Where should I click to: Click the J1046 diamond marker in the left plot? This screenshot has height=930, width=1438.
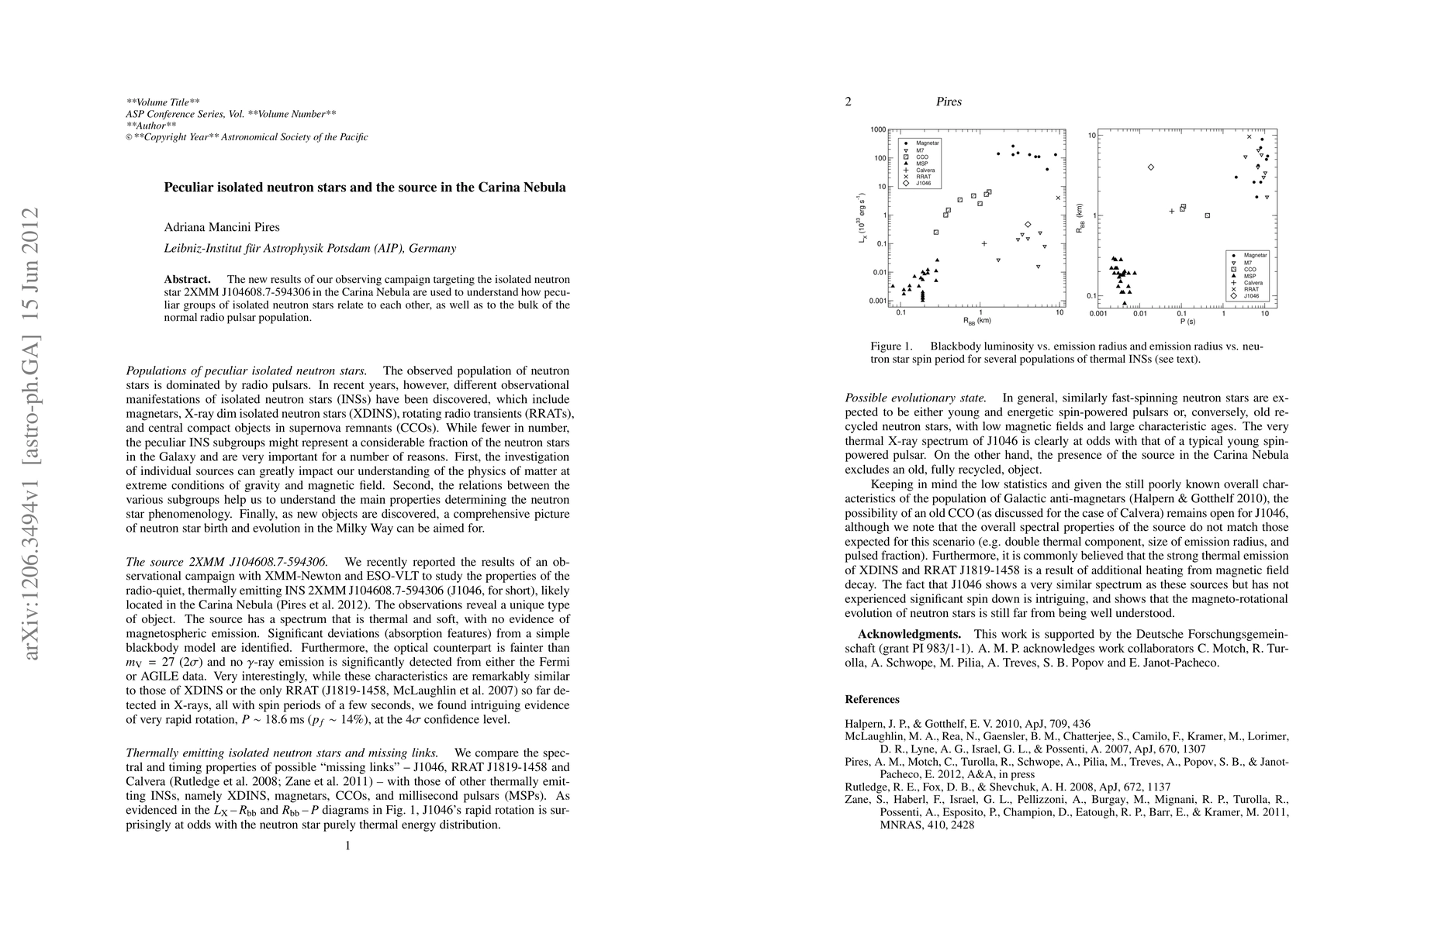(1028, 224)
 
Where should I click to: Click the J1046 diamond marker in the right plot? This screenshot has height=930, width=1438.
(1150, 167)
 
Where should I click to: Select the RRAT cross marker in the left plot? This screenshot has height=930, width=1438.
(1058, 198)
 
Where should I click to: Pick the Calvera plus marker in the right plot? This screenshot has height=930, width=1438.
(1172, 211)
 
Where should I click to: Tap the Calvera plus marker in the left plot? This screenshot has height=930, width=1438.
(984, 243)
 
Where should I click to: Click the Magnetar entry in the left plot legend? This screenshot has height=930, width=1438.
(927, 143)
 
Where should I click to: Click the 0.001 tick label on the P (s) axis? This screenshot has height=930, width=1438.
(1098, 314)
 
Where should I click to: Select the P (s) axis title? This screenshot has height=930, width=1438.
(1186, 320)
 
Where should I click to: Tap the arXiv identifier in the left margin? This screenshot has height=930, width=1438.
(31, 434)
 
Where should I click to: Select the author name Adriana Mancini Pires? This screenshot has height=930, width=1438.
(222, 227)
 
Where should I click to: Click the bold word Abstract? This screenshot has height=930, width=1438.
(187, 279)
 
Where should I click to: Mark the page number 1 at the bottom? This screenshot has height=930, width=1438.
(347, 846)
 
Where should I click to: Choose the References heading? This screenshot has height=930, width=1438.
(872, 699)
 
